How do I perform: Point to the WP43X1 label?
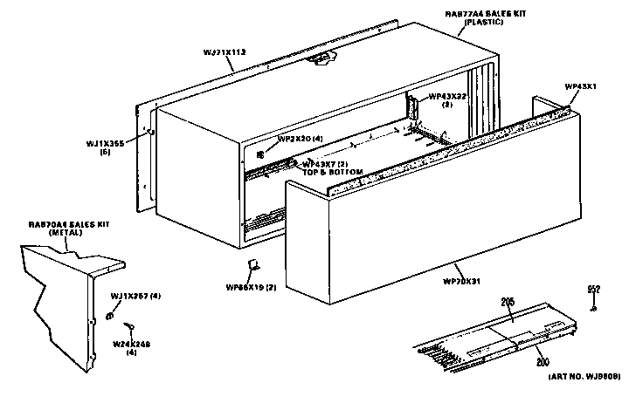[580, 87]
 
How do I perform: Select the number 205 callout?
[508, 302]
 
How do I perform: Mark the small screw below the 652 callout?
[592, 306]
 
